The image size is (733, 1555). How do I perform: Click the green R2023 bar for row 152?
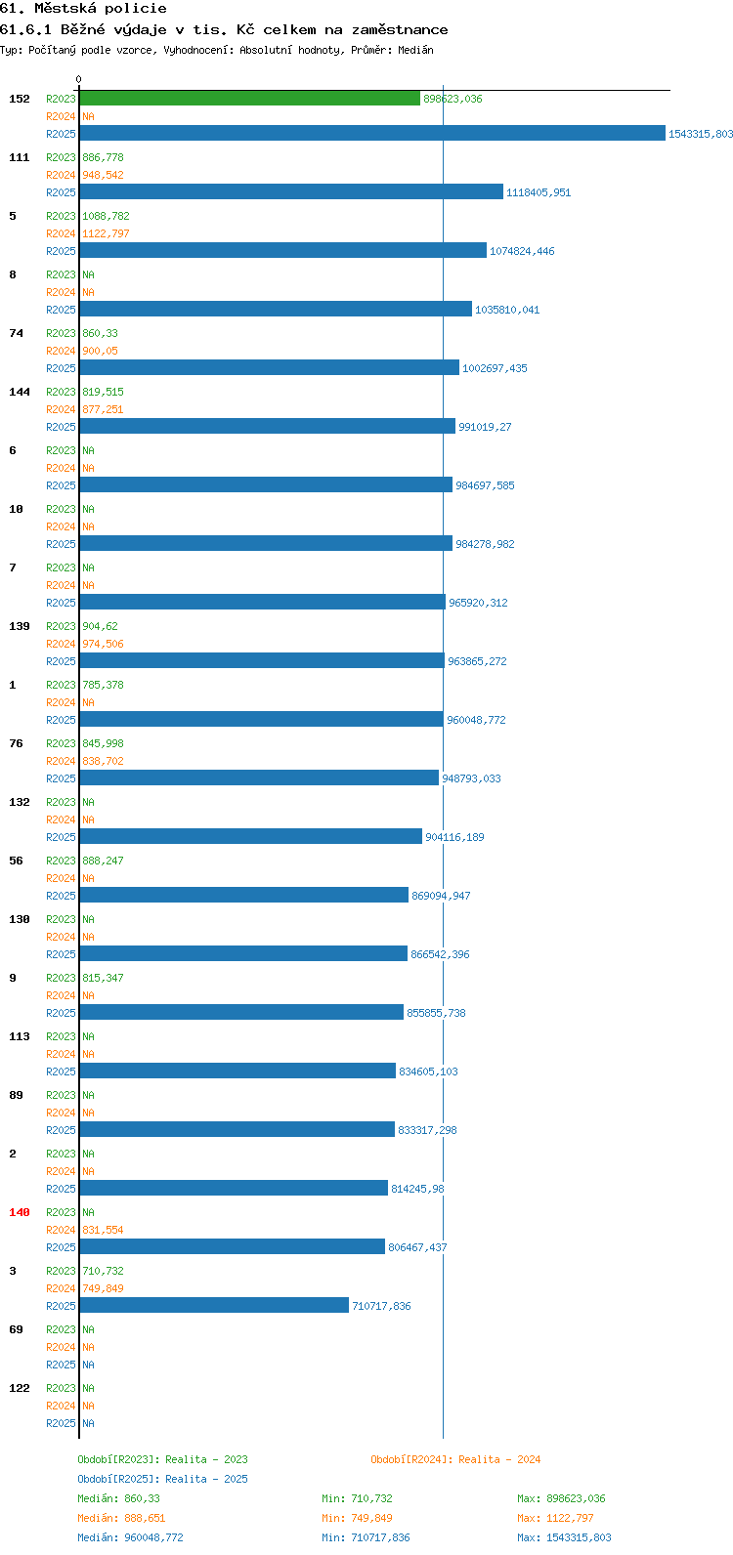click(x=250, y=99)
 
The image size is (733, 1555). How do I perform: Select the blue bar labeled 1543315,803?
click(x=372, y=133)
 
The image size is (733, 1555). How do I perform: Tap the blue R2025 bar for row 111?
click(x=291, y=191)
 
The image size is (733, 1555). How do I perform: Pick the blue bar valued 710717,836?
click(x=214, y=1305)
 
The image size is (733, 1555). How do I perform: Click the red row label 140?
click(x=20, y=1212)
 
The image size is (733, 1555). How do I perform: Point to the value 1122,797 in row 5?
click(x=106, y=233)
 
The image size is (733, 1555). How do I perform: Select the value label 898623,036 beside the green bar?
click(x=453, y=99)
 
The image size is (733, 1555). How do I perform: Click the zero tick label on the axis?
click(x=78, y=79)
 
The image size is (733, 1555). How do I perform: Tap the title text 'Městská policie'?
click(x=101, y=9)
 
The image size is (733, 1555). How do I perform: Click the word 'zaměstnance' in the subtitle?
click(x=400, y=30)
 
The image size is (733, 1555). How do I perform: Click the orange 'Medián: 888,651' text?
click(x=121, y=1518)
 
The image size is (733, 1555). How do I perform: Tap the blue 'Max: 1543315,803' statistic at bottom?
click(x=564, y=1537)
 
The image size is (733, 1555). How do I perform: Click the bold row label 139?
click(x=20, y=626)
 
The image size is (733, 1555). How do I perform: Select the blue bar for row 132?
click(x=251, y=836)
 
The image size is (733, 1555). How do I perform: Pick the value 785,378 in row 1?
click(x=103, y=685)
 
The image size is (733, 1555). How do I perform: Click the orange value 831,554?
click(x=103, y=1230)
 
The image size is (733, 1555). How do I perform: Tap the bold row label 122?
click(x=20, y=1388)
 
